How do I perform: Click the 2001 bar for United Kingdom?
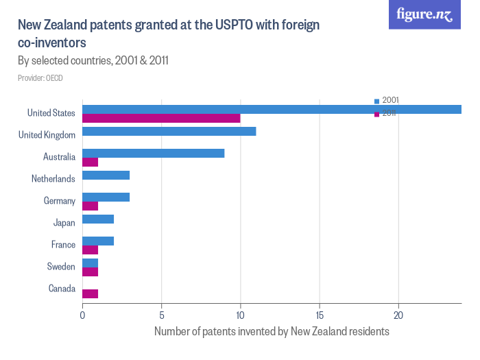(169, 131)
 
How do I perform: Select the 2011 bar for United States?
(161, 118)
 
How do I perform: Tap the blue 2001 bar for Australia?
(153, 153)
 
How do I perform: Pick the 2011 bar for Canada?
(90, 293)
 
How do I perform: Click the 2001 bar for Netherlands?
(106, 175)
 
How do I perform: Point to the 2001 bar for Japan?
(98, 219)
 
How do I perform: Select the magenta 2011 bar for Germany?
(90, 206)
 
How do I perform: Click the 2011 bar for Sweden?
(90, 272)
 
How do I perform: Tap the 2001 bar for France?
(98, 241)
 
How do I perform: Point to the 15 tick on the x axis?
(319, 315)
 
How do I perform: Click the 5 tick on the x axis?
(161, 315)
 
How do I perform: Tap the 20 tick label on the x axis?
(398, 315)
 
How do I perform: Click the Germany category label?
(59, 201)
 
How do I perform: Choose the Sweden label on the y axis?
(61, 267)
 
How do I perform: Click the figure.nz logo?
(424, 14)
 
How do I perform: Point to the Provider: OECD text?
(40, 78)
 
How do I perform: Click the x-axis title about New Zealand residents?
(272, 332)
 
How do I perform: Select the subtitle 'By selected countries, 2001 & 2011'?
(93, 61)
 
